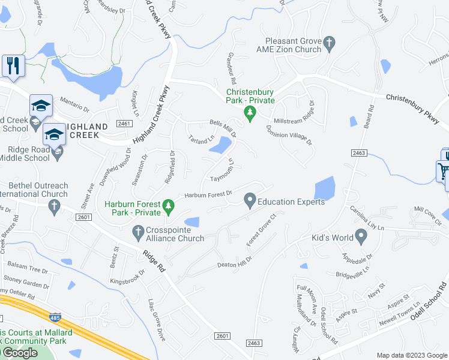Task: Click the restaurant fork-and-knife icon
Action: [x=13, y=65]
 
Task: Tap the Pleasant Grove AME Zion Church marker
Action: [x=328, y=43]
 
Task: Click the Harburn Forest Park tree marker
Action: [x=169, y=207]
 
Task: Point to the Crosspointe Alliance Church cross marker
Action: [x=138, y=231]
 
